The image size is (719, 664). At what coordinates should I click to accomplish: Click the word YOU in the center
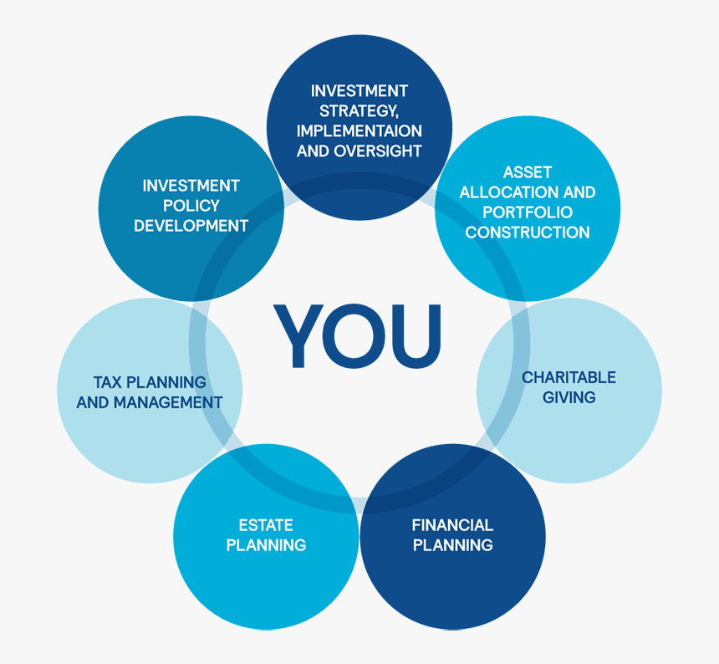pyautogui.click(x=357, y=335)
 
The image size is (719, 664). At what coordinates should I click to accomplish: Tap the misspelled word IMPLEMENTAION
pyautogui.click(x=359, y=131)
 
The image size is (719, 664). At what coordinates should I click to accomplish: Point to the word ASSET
pyautogui.click(x=528, y=172)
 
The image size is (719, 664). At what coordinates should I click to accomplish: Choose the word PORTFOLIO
pyautogui.click(x=528, y=212)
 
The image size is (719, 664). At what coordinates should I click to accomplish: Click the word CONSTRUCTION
pyautogui.click(x=528, y=232)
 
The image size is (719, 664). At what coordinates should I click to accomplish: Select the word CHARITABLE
pyautogui.click(x=569, y=377)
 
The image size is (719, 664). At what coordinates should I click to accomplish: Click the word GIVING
pyautogui.click(x=569, y=397)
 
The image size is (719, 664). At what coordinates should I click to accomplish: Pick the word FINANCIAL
pyautogui.click(x=452, y=525)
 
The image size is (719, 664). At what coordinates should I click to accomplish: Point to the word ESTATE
pyautogui.click(x=266, y=525)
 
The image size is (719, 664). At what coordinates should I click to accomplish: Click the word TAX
pyautogui.click(x=108, y=382)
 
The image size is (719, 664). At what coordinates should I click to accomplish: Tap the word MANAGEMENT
pyautogui.click(x=168, y=402)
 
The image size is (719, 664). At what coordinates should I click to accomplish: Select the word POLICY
pyautogui.click(x=191, y=206)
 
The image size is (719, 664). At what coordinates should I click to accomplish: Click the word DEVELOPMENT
pyautogui.click(x=191, y=226)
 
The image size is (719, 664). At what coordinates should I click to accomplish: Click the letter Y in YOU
pyautogui.click(x=298, y=335)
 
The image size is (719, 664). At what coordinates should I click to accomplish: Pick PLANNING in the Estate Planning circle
pyautogui.click(x=266, y=545)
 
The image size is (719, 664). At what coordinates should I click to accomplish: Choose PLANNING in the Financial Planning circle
pyautogui.click(x=452, y=545)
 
